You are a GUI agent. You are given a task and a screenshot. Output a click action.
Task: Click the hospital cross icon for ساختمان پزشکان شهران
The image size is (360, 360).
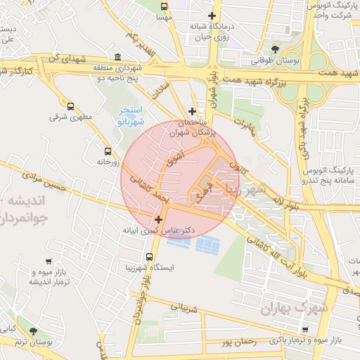193,111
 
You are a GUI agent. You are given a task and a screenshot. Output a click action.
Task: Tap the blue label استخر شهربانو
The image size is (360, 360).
131,116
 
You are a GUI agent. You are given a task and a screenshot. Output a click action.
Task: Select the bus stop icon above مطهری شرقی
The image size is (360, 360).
70,106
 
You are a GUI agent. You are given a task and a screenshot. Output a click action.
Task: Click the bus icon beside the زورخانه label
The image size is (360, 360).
108,150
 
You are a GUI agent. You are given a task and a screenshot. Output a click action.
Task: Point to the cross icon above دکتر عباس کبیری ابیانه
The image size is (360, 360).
158,220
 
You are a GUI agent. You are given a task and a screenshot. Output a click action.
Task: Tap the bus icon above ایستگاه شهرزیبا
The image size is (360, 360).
149,257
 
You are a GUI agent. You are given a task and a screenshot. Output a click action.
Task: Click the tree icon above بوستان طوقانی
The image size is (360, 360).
275,49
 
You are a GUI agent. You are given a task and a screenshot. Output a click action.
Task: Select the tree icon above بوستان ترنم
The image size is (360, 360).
34,330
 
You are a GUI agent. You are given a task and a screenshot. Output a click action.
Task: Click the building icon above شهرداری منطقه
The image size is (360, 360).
117,57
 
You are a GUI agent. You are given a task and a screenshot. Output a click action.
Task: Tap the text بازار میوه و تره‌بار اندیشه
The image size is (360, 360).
28,276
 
